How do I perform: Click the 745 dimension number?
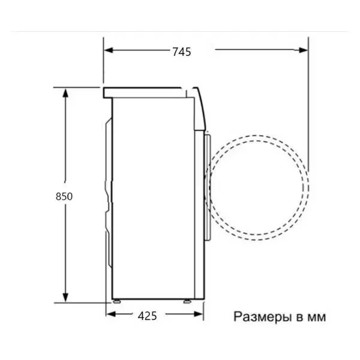click(182, 52)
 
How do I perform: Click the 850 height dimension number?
click(64, 196)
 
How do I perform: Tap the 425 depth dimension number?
click(147, 316)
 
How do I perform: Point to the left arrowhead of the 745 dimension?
click(109, 50)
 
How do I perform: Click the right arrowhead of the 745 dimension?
click(303, 50)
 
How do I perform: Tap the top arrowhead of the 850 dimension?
click(65, 94)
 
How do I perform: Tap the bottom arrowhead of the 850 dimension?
click(65, 297)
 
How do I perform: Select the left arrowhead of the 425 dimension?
click(111, 314)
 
